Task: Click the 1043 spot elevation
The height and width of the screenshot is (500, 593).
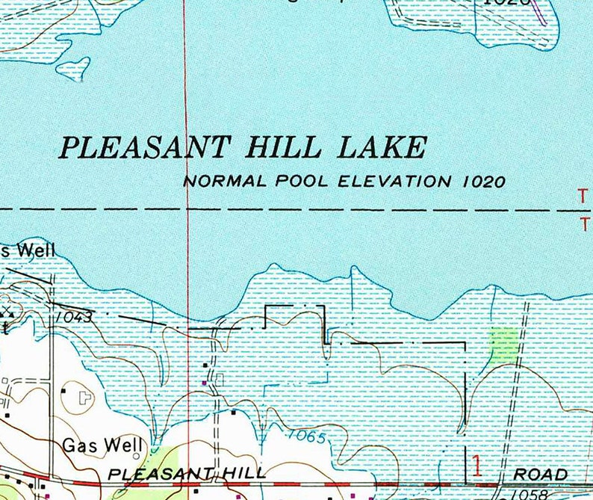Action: pyautogui.click(x=72, y=317)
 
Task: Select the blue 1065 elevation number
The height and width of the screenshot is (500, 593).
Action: pyautogui.click(x=307, y=436)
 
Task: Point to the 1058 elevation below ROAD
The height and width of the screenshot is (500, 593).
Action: pyautogui.click(x=528, y=494)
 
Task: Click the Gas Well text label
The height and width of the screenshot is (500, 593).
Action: pyautogui.click(x=102, y=445)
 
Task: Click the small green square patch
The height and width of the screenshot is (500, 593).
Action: pyautogui.click(x=503, y=344)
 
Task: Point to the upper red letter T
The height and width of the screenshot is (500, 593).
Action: pyautogui.click(x=583, y=196)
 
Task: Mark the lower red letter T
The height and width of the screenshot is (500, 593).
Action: pyautogui.click(x=583, y=223)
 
